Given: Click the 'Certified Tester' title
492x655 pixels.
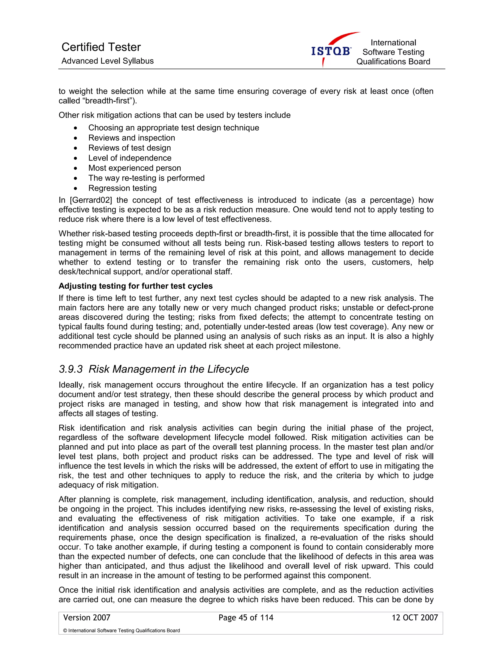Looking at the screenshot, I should pyautogui.click(x=101, y=47).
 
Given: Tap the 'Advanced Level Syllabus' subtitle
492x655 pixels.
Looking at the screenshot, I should pyautogui.click(x=107, y=61).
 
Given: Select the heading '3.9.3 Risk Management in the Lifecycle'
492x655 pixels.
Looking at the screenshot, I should pyautogui.click(x=154, y=369).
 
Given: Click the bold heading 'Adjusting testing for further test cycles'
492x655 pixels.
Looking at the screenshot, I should pyautogui.click(x=135, y=286).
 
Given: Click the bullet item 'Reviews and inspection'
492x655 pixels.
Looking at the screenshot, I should pyautogui.click(x=132, y=138).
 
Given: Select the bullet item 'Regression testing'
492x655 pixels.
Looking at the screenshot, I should pyautogui.click(x=122, y=188).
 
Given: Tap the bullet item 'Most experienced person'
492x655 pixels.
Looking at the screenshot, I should pyautogui.click(x=134, y=168).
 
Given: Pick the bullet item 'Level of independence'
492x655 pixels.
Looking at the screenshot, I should pyautogui.click(x=130, y=158).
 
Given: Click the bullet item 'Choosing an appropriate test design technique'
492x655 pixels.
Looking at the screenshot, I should pyautogui.click(x=173, y=128).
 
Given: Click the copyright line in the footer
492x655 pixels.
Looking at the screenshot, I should pyautogui.click(x=121, y=630).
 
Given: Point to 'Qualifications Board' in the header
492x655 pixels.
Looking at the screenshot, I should pyautogui.click(x=393, y=62).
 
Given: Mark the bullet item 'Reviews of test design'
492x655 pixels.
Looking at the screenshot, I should pyautogui.click(x=129, y=148).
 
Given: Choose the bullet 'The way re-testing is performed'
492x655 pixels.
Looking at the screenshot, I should pyautogui.click(x=146, y=178).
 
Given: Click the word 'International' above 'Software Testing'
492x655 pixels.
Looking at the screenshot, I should pyautogui.click(x=393, y=43).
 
